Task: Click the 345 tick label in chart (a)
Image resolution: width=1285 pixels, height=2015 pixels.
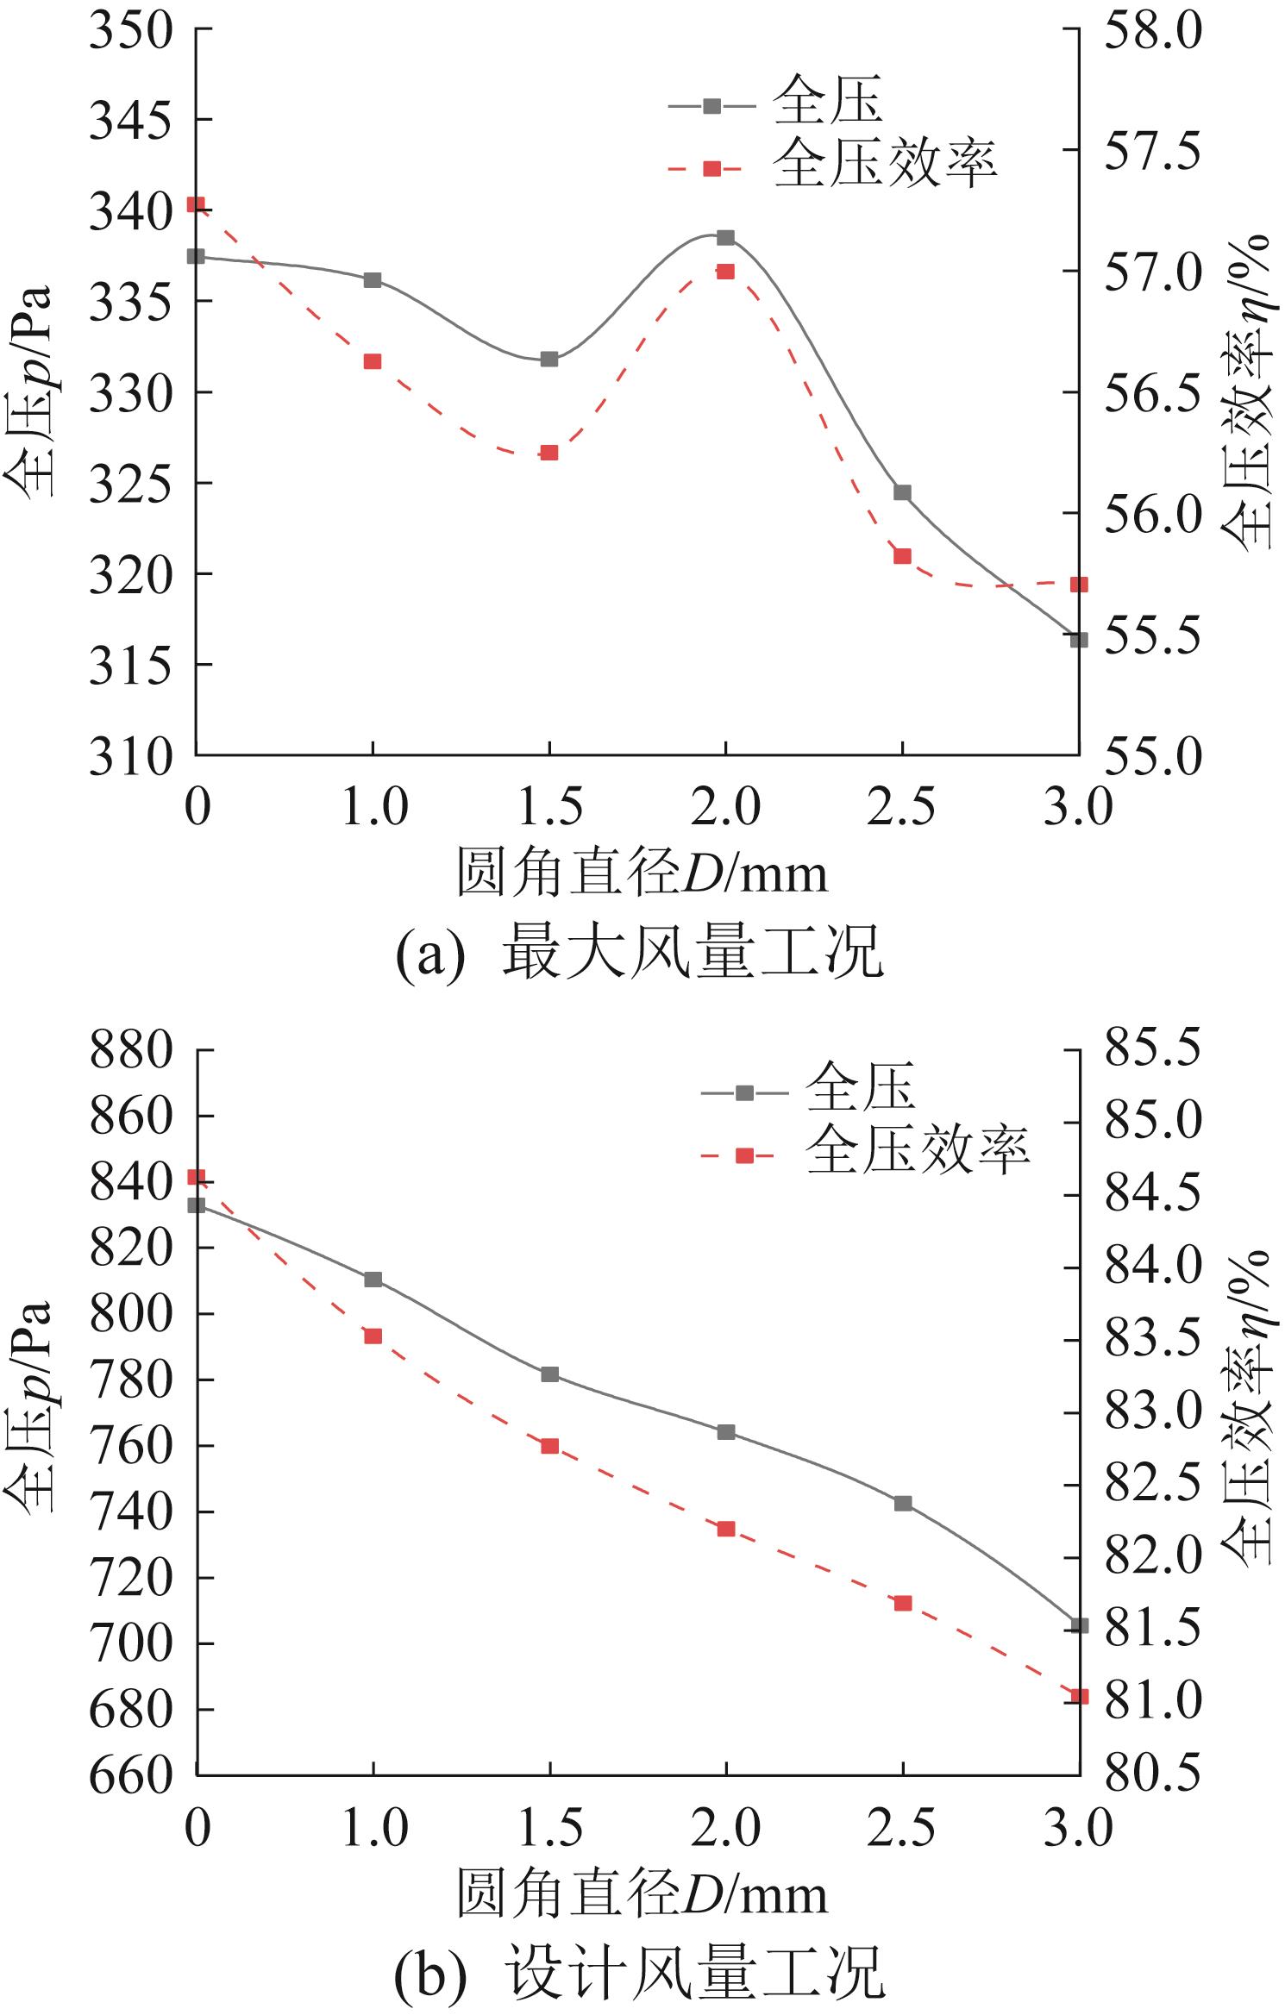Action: tap(130, 121)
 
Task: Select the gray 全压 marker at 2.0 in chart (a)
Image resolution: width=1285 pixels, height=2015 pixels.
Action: tap(725, 238)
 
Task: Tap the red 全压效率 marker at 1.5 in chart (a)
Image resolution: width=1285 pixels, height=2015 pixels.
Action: tap(549, 453)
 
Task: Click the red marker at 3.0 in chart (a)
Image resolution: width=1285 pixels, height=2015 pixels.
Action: tap(1079, 585)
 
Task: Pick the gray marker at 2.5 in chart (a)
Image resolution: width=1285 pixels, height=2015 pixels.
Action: tap(902, 492)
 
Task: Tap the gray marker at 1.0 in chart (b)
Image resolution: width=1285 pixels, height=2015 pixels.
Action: tap(373, 1279)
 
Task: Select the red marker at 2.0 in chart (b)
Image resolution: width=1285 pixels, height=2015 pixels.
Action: tap(726, 1529)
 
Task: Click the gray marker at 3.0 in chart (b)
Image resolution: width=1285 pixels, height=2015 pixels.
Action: tap(1079, 1625)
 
